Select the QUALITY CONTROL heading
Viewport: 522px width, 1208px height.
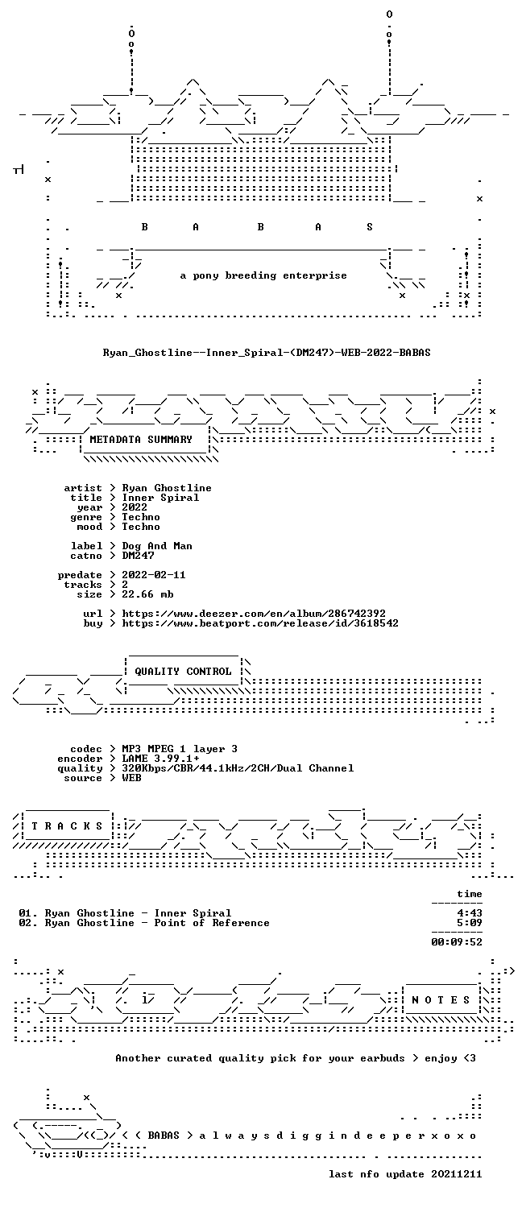183,672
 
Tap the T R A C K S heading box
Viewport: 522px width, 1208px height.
67,826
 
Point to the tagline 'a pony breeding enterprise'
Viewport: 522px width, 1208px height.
263,275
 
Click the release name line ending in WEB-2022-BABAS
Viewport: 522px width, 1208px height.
267,353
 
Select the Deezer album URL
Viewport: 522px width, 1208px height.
254,614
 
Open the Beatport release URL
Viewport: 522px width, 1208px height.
260,623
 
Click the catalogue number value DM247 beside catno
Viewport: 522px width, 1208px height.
138,556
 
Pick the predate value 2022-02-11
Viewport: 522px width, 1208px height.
154,575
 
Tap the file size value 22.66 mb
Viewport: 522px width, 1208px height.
147,594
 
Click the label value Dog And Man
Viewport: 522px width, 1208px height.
157,546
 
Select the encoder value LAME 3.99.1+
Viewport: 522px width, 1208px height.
160,759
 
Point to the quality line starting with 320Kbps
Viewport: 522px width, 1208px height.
238,768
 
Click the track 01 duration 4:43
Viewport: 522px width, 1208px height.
470,913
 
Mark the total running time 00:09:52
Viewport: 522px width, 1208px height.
457,942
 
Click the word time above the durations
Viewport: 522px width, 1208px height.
470,894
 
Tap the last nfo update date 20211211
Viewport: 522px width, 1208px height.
456,1174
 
